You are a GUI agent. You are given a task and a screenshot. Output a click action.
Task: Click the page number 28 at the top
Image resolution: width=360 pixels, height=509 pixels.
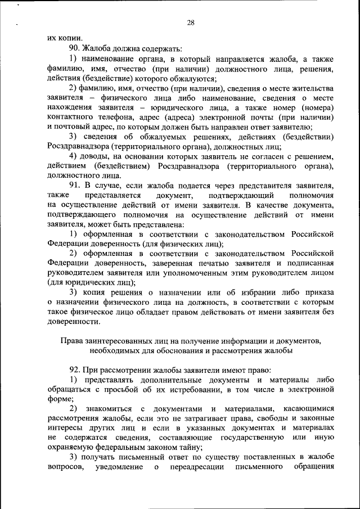coord(190,22)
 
